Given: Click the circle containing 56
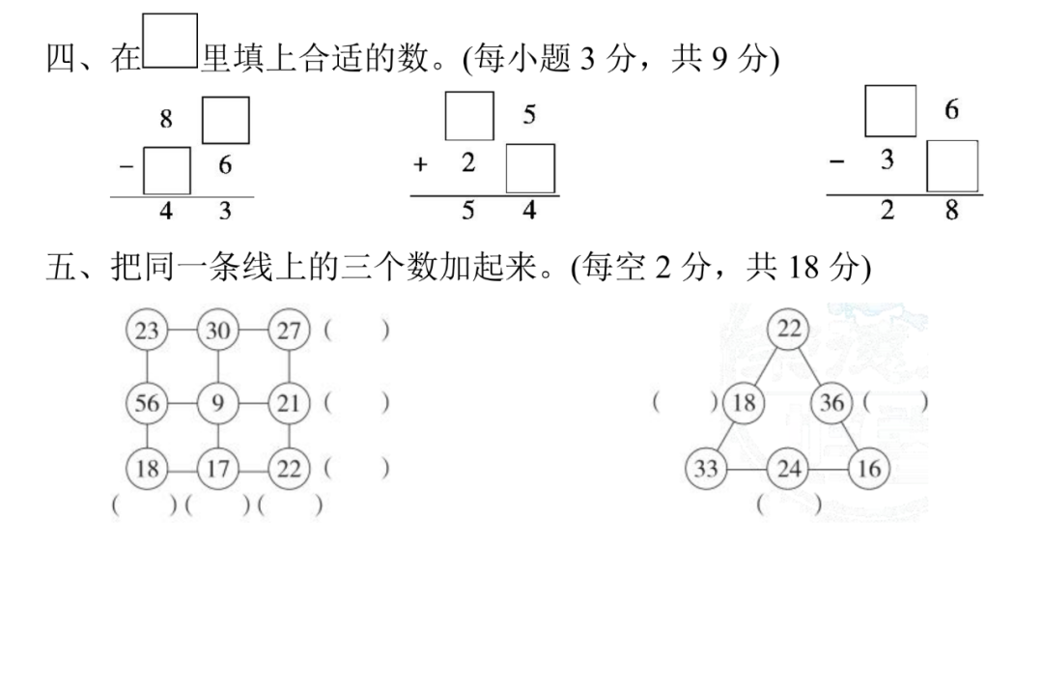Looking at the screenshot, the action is point(147,401).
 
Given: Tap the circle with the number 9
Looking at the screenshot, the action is point(218,401).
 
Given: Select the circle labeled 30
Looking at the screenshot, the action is point(218,332).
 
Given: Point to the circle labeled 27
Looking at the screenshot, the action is point(289,332).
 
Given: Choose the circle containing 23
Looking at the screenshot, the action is point(147,332).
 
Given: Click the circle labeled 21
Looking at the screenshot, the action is point(289,401).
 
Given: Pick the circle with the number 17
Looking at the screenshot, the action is point(218,470).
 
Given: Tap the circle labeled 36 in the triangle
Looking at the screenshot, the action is point(832,401).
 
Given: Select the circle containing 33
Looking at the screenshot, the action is point(706,470).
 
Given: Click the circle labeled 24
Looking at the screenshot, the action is point(789,470).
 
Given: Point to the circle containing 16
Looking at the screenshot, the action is point(870,470).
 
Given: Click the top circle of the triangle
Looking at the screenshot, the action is point(789,331).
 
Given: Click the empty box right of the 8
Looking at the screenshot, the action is point(225,120).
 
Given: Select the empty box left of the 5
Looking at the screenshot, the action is point(469,115).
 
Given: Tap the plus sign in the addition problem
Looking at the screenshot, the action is point(420,165).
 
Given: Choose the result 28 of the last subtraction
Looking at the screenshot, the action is point(919,210).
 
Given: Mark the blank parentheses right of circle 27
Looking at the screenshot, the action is point(357,332).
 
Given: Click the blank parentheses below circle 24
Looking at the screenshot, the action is point(790,504).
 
